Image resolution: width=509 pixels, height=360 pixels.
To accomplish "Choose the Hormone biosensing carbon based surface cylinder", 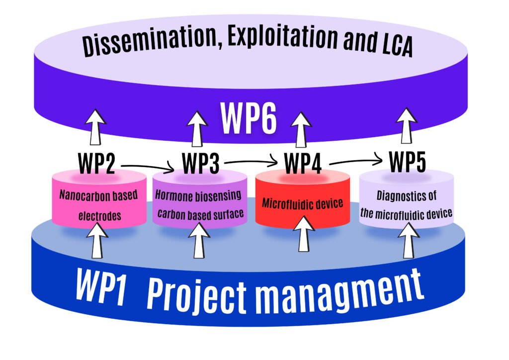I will [x=199, y=204].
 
